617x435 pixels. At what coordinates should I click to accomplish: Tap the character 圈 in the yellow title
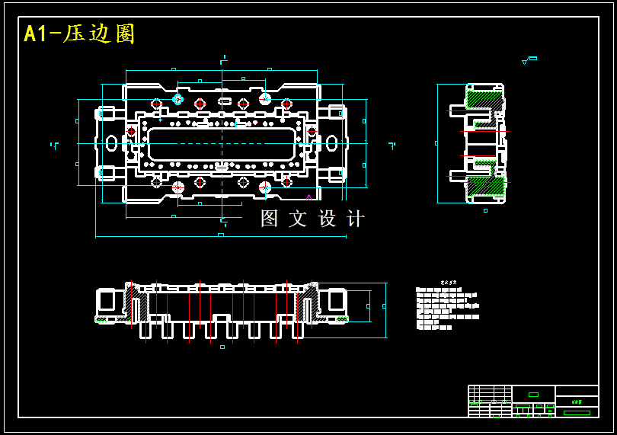(124, 34)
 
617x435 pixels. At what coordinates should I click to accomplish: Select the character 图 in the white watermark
(270, 219)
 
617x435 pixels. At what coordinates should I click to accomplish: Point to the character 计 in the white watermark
(355, 219)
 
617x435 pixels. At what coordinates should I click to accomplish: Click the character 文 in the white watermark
(298, 219)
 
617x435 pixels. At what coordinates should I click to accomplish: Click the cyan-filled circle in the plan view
(177, 99)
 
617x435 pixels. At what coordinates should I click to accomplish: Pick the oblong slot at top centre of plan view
(225, 101)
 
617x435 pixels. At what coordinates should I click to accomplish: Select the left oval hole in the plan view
(112, 142)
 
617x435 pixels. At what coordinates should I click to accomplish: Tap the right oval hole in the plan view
(331, 142)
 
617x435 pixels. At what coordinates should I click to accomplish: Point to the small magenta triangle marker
(308, 197)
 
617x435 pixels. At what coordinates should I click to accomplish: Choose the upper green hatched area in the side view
(484, 99)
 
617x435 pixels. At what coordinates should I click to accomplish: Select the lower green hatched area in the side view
(485, 185)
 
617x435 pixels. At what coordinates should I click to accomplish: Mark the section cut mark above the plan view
(223, 59)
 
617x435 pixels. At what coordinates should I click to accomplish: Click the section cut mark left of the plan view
(54, 145)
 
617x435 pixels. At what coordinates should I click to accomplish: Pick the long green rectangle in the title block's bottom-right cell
(577, 413)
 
